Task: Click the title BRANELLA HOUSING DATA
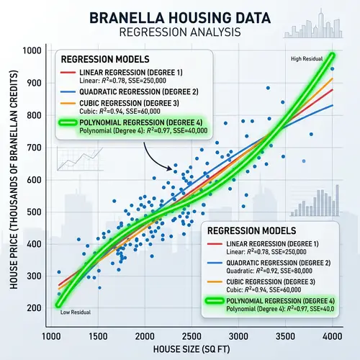click(179, 17)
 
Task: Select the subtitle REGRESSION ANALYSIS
click(179, 33)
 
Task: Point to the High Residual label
click(306, 58)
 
